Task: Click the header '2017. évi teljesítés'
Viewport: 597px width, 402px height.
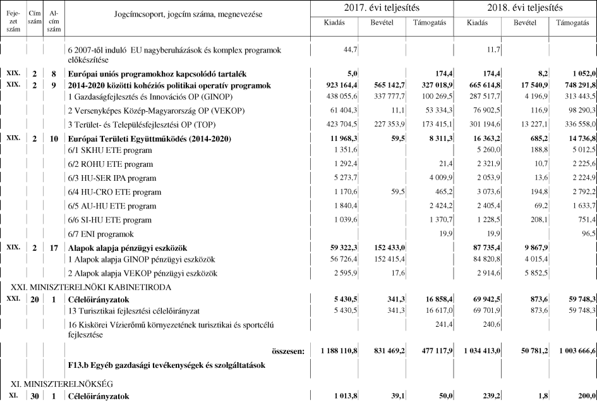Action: coord(382,8)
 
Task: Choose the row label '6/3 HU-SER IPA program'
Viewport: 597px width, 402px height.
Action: coord(111,179)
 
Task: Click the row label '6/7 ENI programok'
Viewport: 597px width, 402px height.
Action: coord(102,234)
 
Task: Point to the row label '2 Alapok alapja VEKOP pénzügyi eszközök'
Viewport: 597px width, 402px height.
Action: coord(142,274)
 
